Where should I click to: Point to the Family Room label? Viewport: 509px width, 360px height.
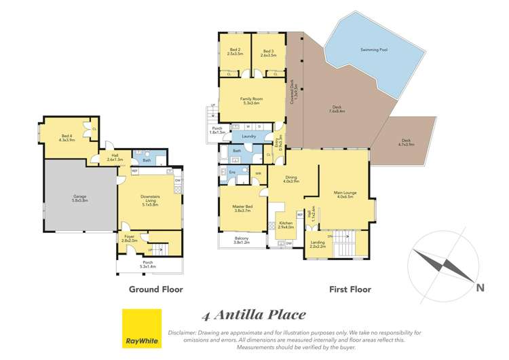250,101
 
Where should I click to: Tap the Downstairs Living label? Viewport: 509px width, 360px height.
149,198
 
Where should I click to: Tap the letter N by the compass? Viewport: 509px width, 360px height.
480,288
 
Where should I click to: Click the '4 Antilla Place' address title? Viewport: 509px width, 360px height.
254,314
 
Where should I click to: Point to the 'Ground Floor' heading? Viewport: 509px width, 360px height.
156,289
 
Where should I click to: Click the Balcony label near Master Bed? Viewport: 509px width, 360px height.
242,240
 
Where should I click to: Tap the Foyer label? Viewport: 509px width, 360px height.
129,238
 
